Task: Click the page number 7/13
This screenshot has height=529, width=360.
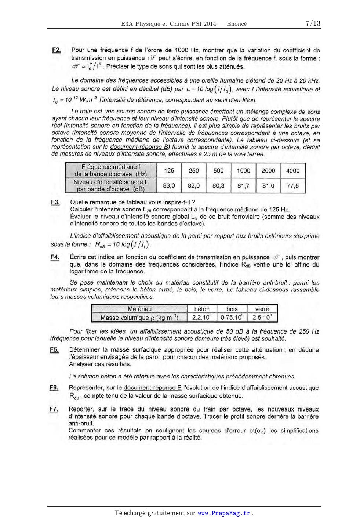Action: click(x=313, y=24)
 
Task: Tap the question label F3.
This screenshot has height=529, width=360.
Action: click(x=55, y=202)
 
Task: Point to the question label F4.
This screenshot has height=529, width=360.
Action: click(x=55, y=257)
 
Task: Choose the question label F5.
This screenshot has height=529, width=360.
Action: click(x=54, y=350)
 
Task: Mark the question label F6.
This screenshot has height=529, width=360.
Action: click(x=54, y=388)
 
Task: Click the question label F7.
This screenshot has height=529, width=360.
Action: click(x=54, y=409)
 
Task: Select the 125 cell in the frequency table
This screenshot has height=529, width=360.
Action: click(x=169, y=171)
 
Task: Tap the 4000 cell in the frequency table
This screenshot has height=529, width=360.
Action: click(x=293, y=171)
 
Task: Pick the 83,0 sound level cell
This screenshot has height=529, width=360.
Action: click(x=169, y=186)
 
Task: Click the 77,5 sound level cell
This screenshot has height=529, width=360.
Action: click(x=293, y=186)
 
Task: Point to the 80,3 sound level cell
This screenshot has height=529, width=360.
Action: click(x=218, y=186)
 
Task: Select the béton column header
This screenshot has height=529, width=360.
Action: click(x=202, y=309)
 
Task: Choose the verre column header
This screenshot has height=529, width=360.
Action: click(x=262, y=309)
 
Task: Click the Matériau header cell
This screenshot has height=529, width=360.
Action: click(x=139, y=309)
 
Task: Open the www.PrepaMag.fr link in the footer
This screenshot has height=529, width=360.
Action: click(x=224, y=513)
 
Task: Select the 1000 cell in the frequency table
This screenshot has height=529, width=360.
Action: click(x=243, y=171)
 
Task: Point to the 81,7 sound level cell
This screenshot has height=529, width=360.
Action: click(x=243, y=186)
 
